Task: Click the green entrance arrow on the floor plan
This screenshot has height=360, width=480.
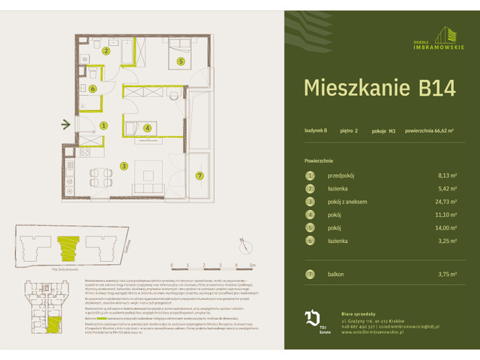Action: click(67, 125)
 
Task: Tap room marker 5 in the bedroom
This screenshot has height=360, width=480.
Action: click(181, 62)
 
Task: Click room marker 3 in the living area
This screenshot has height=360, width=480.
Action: click(124, 166)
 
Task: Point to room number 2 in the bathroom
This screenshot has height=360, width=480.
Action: click(106, 51)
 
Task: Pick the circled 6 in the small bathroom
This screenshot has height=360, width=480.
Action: click(92, 88)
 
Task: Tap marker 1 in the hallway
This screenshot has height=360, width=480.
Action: click(103, 125)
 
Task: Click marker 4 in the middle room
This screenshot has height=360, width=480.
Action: click(148, 128)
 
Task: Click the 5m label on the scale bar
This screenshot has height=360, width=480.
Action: click(253, 265)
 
